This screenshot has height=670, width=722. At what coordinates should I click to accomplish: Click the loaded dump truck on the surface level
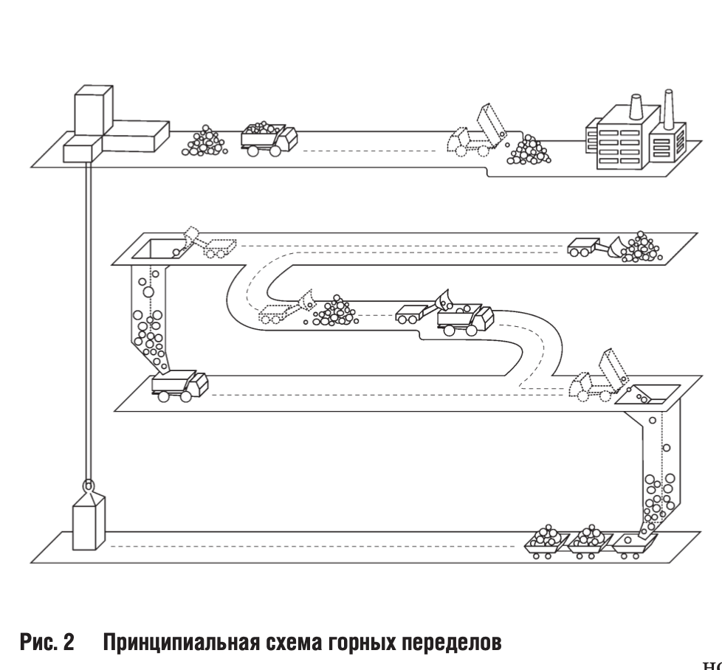click(269, 138)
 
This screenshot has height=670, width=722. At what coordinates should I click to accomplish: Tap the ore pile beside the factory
click(529, 151)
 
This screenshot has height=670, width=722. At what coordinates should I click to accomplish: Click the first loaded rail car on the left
click(546, 542)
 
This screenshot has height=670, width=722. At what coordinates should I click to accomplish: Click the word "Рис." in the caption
click(38, 643)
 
